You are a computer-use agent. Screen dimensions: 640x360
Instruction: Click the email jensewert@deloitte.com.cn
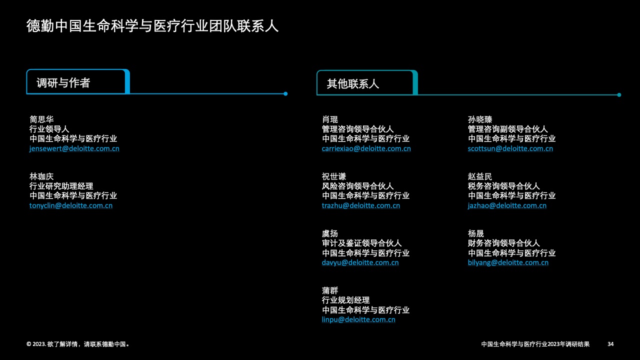pyautogui.click(x=74, y=148)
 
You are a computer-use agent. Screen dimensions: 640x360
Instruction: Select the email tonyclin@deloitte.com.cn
pyautogui.click(x=71, y=205)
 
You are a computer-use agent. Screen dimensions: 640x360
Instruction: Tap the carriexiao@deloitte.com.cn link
pyautogui.click(x=366, y=148)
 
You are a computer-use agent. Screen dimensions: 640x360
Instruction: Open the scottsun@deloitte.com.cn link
pyautogui.click(x=510, y=148)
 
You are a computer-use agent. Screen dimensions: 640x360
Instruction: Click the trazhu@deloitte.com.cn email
pyautogui.click(x=361, y=205)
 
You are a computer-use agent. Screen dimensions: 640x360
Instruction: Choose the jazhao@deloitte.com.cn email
pyautogui.click(x=507, y=205)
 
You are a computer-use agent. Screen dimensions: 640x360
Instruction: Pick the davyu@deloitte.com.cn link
pyautogui.click(x=360, y=262)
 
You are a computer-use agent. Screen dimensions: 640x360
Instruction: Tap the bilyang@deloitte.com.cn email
pyautogui.click(x=508, y=262)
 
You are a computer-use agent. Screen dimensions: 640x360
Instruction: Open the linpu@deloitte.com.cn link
pyautogui.click(x=358, y=319)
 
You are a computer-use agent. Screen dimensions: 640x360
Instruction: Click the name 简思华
pyautogui.click(x=41, y=119)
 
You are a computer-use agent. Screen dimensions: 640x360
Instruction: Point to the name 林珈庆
pyautogui.click(x=41, y=176)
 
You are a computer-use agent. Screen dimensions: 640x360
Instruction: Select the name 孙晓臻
pyautogui.click(x=480, y=119)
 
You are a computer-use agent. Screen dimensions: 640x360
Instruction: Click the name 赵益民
pyautogui.click(x=480, y=176)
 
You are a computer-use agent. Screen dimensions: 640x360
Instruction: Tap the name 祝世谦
pyautogui.click(x=334, y=176)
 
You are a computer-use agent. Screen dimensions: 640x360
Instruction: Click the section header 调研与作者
pyautogui.click(x=63, y=83)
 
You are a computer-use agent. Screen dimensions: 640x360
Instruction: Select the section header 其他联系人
pyautogui.click(x=353, y=84)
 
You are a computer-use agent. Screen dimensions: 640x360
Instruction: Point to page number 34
pyautogui.click(x=610, y=344)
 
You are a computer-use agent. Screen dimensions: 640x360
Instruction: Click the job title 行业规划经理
pyautogui.click(x=345, y=300)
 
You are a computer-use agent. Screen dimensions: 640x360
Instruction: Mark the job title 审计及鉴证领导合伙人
pyautogui.click(x=361, y=243)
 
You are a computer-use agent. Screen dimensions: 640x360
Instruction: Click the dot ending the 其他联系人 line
pyautogui.click(x=619, y=95)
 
